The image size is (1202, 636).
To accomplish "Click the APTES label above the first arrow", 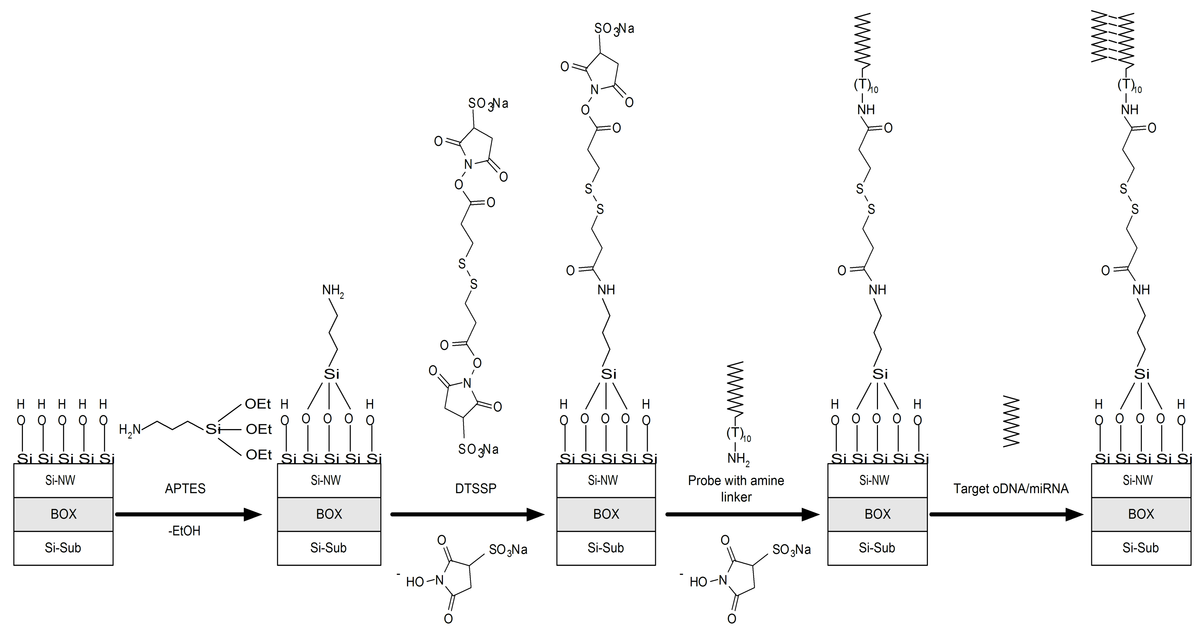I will click(x=185, y=488).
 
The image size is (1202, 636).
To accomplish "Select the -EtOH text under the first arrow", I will click(x=184, y=531).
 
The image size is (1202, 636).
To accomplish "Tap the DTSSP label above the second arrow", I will click(x=476, y=488).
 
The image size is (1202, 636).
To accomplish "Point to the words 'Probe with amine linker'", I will click(x=736, y=488).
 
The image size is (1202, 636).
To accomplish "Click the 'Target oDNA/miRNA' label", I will click(x=1011, y=488).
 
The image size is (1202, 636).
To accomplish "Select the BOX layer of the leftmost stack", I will click(x=63, y=514).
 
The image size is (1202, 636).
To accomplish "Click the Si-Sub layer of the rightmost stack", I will click(x=1141, y=548).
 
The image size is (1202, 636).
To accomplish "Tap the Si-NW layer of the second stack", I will click(x=329, y=480).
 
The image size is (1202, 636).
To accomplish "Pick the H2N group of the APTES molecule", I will click(x=130, y=430).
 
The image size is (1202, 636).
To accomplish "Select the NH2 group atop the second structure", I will click(x=333, y=291).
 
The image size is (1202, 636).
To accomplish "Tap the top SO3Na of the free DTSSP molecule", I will click(x=488, y=104).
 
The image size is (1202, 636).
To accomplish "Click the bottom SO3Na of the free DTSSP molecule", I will click(x=478, y=449).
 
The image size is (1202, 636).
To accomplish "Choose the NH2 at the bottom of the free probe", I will click(x=738, y=459).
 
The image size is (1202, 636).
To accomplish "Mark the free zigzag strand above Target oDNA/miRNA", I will click(x=1011, y=421).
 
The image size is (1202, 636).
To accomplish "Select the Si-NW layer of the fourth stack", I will click(x=877, y=480).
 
